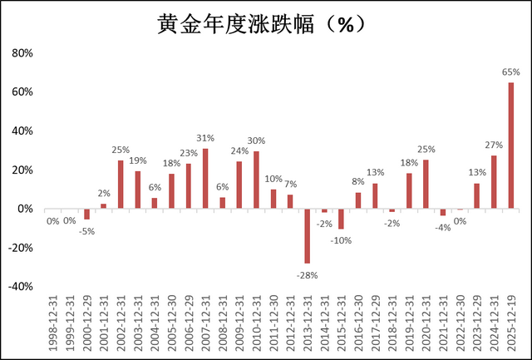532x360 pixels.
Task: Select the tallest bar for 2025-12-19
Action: point(510,145)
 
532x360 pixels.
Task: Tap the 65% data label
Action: point(510,72)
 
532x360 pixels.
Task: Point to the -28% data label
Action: point(307,275)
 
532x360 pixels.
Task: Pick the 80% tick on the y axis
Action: point(21,53)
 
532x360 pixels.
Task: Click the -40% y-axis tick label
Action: point(19,286)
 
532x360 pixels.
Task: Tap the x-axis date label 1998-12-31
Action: point(53,325)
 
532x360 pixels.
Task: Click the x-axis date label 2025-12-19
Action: point(511,325)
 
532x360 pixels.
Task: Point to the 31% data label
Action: point(205,138)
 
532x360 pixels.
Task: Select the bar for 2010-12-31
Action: point(256,180)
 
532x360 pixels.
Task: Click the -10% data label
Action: point(340,241)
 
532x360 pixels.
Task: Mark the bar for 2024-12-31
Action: point(494,182)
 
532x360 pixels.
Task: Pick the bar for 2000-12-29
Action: point(86,214)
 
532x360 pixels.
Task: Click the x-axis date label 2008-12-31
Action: point(223,325)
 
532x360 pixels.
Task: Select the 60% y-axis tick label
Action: point(21,92)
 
